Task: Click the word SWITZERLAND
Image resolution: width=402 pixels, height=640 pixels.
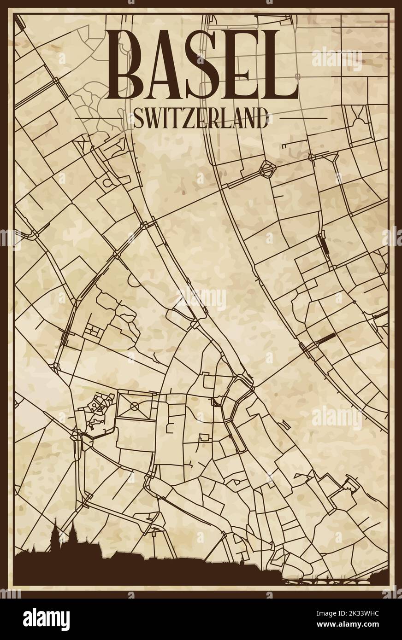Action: [201, 119]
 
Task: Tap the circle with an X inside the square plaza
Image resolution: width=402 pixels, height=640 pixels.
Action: [135, 406]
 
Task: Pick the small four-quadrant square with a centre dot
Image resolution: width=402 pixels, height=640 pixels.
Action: [94, 330]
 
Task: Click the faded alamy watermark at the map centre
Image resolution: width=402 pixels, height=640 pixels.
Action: [201, 299]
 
